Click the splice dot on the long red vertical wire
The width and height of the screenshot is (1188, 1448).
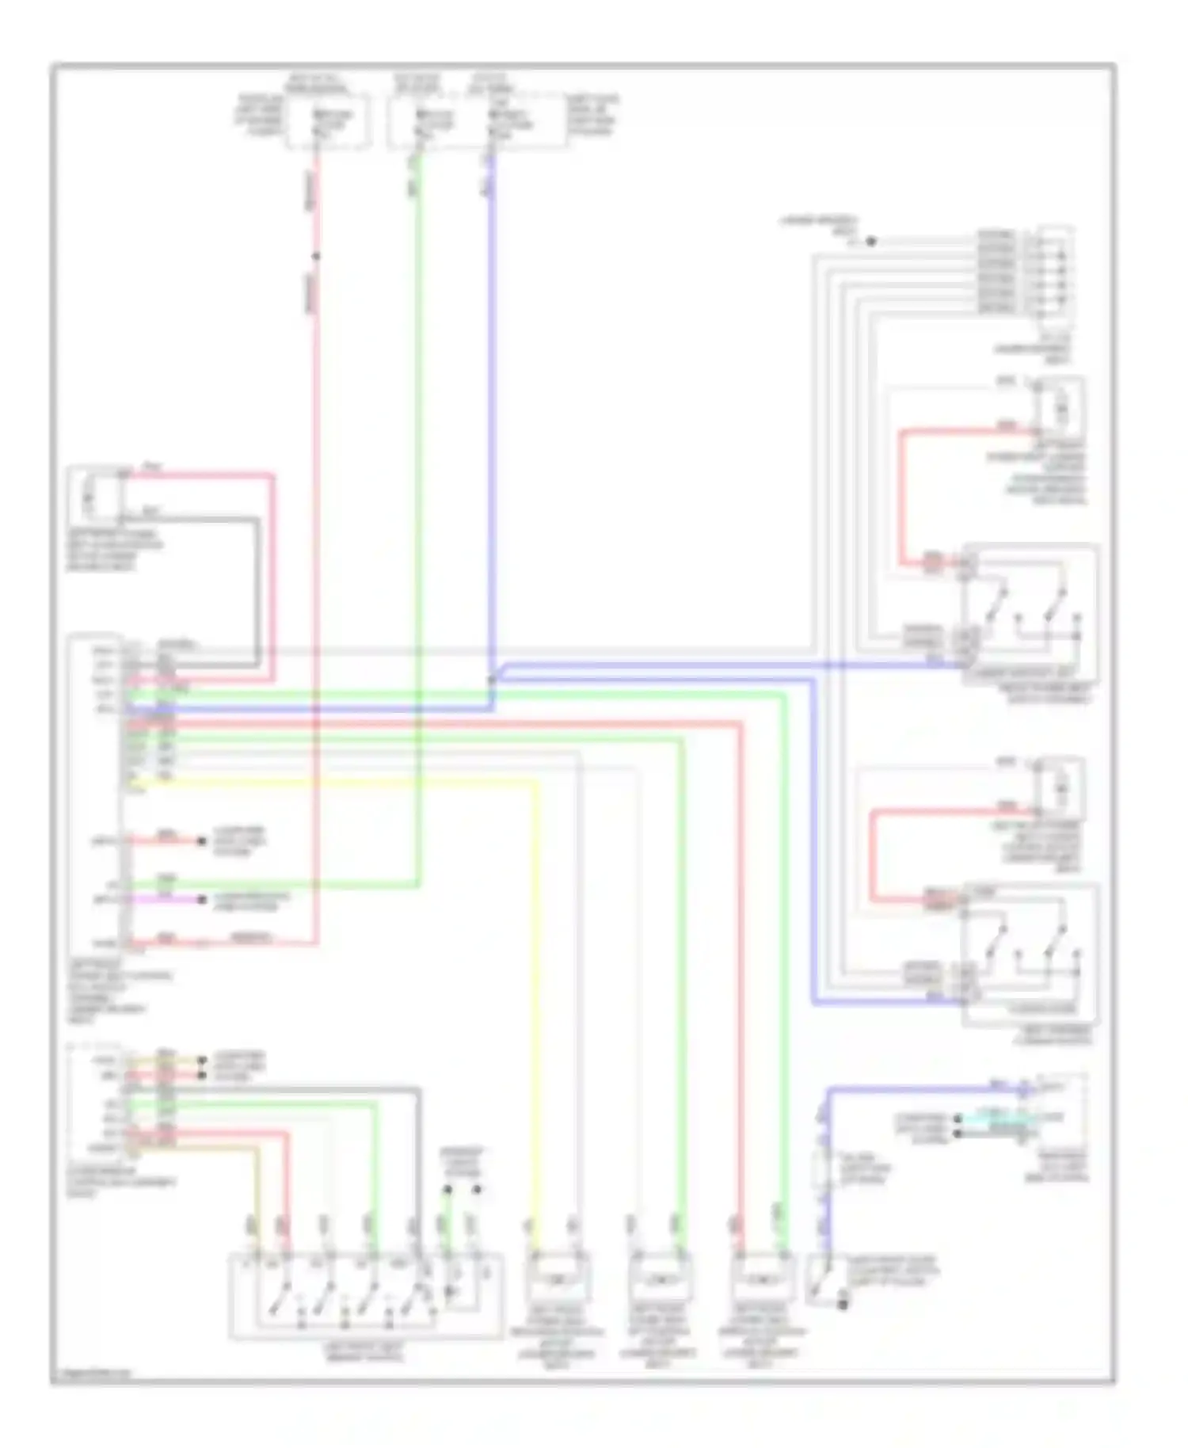(315, 256)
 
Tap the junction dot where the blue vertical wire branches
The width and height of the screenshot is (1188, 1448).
(491, 680)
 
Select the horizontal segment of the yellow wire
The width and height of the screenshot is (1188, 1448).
(333, 783)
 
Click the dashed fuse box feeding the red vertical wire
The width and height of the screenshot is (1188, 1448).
(328, 121)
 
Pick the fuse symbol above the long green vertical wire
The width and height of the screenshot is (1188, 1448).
(428, 121)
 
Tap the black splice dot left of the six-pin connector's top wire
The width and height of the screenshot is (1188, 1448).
(870, 242)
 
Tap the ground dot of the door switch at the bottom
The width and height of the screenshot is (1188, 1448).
(843, 1303)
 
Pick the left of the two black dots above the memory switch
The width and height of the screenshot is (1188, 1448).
(447, 1189)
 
